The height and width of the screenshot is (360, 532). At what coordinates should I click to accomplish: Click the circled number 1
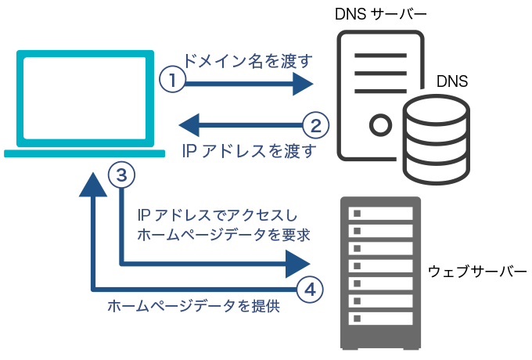pos(172,79)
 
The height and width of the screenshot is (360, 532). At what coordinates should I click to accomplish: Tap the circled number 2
pos(315,124)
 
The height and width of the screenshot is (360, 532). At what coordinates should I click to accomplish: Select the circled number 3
pos(121,175)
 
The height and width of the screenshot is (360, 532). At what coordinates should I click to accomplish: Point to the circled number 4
pos(311,289)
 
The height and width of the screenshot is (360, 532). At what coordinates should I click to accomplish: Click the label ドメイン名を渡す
pos(248,60)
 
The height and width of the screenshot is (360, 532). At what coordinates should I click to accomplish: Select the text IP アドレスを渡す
pos(248,151)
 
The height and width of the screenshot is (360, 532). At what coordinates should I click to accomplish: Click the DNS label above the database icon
pos(451,81)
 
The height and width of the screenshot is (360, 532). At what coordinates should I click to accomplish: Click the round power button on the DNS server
pos(380,124)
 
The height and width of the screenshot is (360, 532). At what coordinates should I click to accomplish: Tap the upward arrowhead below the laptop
pos(93,185)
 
